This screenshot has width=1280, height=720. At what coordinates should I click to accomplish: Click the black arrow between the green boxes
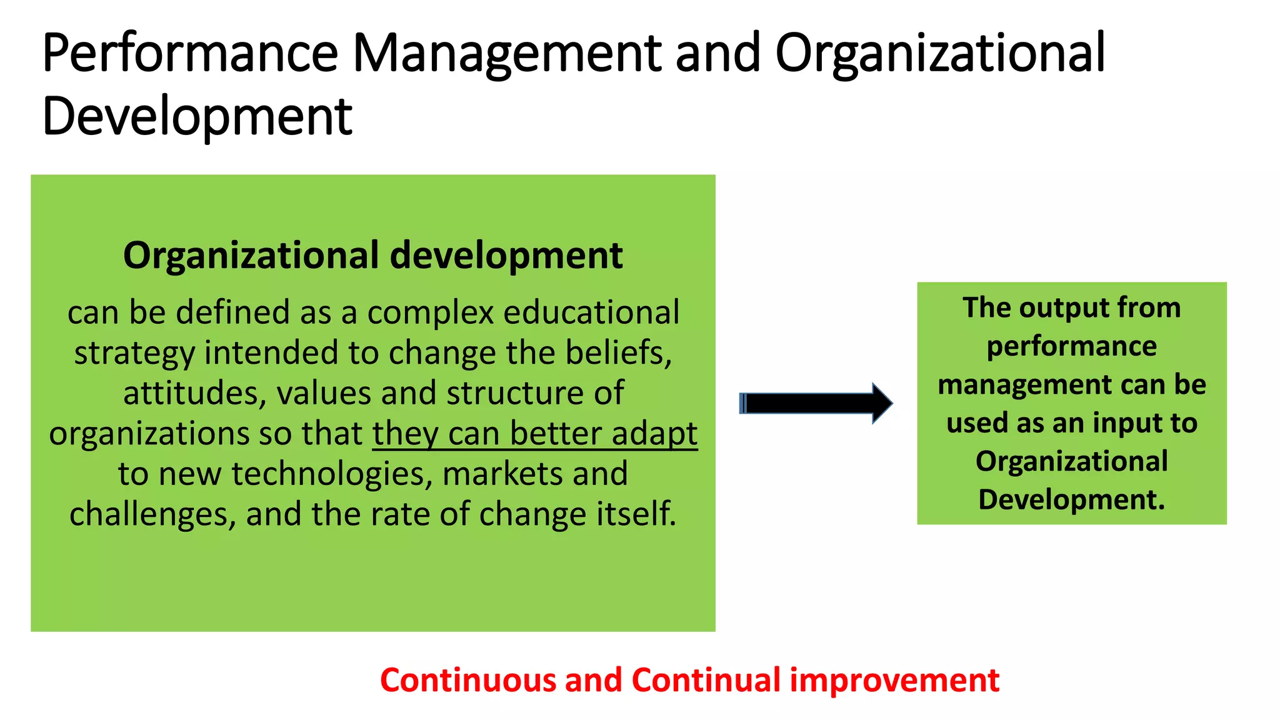[816, 403]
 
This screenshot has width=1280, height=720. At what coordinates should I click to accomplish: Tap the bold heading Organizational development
[372, 256]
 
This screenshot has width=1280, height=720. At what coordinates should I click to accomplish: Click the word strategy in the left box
[134, 354]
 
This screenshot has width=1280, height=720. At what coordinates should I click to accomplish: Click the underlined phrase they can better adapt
[535, 434]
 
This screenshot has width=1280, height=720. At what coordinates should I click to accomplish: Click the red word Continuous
[467, 680]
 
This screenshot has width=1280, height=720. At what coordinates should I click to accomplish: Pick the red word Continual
[706, 680]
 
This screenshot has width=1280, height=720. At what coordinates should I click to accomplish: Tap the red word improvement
[894, 680]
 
